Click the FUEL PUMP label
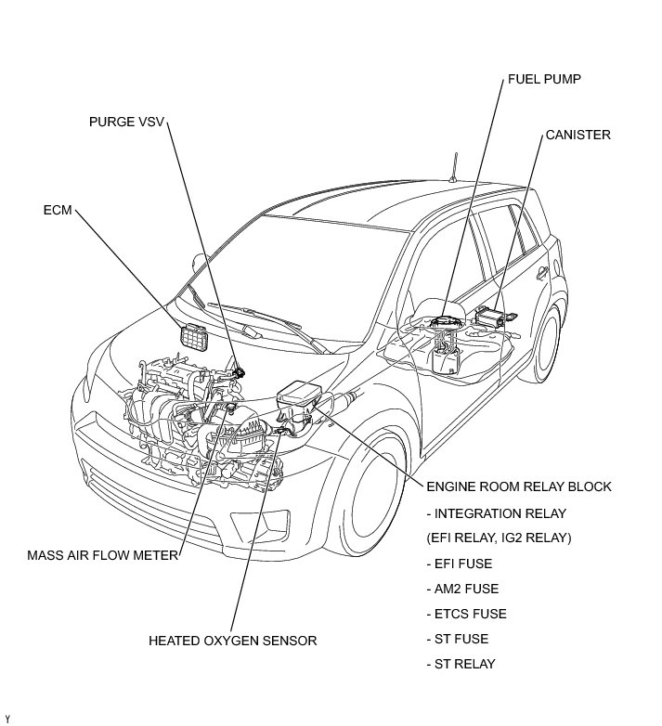[544, 79]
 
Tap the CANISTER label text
[578, 135]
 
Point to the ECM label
[58, 210]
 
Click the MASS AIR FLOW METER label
[102, 556]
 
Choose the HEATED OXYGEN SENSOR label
[233, 641]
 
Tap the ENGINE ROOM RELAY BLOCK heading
[518, 486]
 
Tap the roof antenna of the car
[454, 167]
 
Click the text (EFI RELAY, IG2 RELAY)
[500, 538]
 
